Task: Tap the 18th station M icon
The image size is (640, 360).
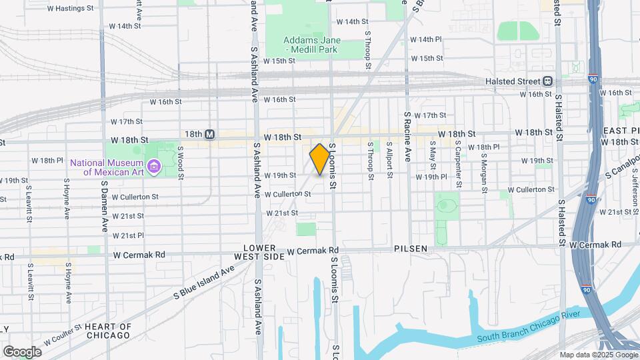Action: [209, 135]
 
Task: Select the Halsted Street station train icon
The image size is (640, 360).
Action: [548, 81]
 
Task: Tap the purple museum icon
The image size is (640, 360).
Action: [154, 165]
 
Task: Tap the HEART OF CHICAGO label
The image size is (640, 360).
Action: [107, 331]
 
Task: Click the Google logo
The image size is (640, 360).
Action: [22, 351]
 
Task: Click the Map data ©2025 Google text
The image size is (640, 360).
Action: [598, 355]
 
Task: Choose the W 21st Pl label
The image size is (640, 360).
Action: [128, 235]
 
